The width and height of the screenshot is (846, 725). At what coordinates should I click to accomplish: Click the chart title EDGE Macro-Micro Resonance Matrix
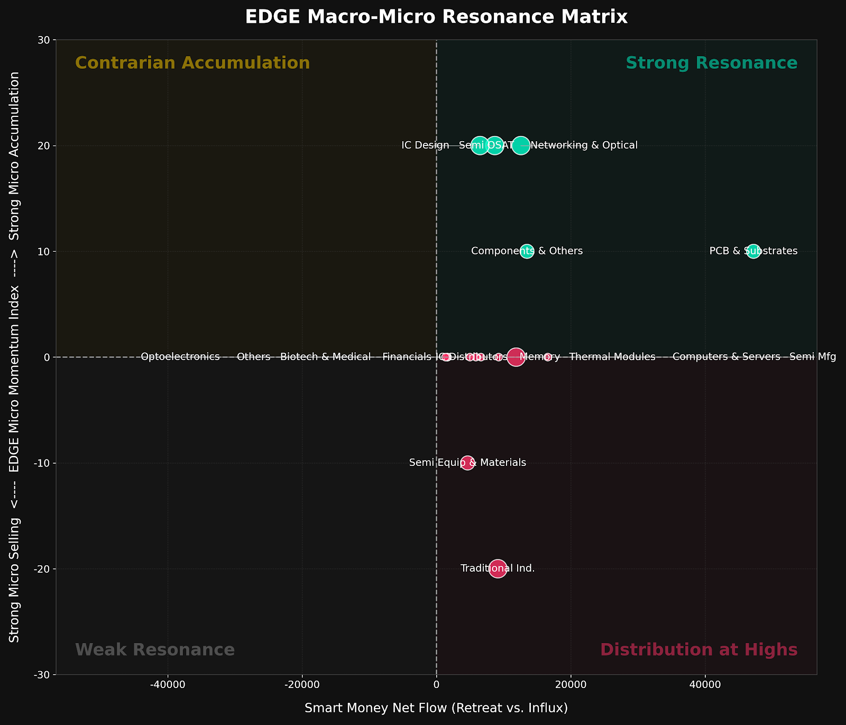[x=436, y=17]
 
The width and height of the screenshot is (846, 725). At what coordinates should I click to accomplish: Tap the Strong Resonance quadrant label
[x=711, y=63]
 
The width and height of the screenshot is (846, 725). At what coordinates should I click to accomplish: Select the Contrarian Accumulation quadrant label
[x=192, y=63]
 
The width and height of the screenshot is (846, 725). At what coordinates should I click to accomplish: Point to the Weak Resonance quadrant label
[x=155, y=650]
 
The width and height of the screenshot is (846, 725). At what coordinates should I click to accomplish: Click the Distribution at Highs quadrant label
[x=698, y=650]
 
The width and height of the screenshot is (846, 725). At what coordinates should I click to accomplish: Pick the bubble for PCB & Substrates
[x=753, y=251]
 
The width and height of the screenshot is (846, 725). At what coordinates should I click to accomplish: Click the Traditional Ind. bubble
[x=498, y=569]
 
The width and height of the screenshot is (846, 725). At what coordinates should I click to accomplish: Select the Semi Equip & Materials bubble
[x=467, y=463]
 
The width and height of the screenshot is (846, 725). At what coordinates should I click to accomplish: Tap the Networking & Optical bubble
[x=521, y=145]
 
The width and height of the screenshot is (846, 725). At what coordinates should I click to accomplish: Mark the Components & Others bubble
[x=527, y=251]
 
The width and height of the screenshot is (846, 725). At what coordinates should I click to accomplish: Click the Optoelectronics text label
[x=180, y=357]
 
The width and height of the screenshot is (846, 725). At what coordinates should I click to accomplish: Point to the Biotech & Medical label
[x=325, y=357]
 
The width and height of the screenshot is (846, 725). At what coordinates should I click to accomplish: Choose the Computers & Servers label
[x=726, y=357]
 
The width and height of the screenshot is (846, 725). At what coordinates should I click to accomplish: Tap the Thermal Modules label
[x=612, y=357]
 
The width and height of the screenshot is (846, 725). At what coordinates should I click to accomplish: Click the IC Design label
[x=425, y=145]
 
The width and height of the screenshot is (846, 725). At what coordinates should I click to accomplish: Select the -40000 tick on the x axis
[x=168, y=685]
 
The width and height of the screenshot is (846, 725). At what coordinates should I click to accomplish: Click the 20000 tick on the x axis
[x=571, y=685]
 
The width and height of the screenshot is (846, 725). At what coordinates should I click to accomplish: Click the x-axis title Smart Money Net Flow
[x=436, y=708]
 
